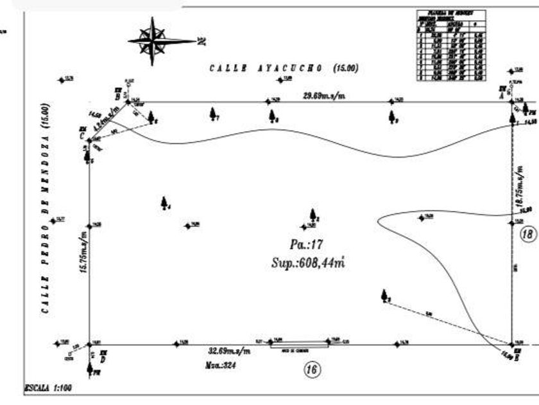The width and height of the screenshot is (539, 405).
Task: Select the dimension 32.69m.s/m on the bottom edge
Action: (x=229, y=352)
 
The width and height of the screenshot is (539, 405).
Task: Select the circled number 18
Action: (x=527, y=234)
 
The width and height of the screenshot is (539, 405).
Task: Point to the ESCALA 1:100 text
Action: (x=49, y=388)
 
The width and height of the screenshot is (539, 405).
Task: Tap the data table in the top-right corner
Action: (x=450, y=44)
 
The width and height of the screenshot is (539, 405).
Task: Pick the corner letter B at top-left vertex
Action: (x=117, y=96)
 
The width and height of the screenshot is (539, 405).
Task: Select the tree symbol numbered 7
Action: (x=213, y=114)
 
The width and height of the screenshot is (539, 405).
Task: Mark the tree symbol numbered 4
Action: (x=164, y=203)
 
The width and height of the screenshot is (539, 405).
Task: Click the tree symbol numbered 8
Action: (x=273, y=116)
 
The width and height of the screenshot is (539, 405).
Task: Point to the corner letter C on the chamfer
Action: (x=81, y=136)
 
